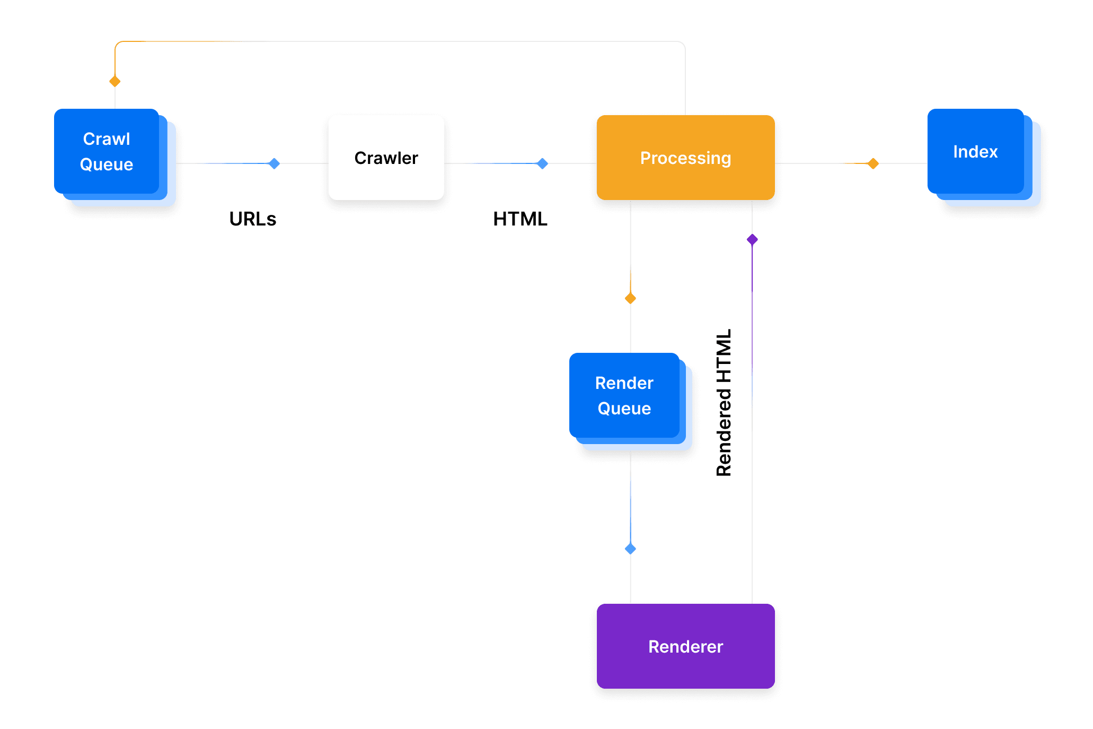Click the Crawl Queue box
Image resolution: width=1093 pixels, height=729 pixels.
[107, 151]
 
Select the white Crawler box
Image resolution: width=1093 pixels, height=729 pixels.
[386, 158]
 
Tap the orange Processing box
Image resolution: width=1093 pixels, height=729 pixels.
[685, 158]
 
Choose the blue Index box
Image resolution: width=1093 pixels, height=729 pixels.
[975, 151]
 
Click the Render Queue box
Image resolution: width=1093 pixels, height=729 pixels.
[624, 395]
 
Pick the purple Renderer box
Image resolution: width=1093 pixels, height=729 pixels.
[685, 646]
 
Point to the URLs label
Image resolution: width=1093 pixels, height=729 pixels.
[252, 219]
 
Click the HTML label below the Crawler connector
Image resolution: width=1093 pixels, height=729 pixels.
[519, 219]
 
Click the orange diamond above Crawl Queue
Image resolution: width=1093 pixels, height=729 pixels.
[115, 81]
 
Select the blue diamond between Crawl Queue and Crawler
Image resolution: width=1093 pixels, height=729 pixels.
[274, 163]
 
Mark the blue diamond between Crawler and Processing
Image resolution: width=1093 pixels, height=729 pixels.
[542, 163]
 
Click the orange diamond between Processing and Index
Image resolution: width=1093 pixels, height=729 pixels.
[873, 163]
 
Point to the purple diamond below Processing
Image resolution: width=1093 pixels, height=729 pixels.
[752, 239]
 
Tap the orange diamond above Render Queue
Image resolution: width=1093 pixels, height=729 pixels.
[630, 298]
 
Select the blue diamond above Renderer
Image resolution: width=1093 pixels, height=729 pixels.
[630, 549]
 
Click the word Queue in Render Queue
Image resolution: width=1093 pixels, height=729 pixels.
[624, 409]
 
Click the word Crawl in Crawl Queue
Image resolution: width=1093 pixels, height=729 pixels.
[107, 139]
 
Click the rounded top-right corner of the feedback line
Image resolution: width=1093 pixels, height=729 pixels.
[682, 45]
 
